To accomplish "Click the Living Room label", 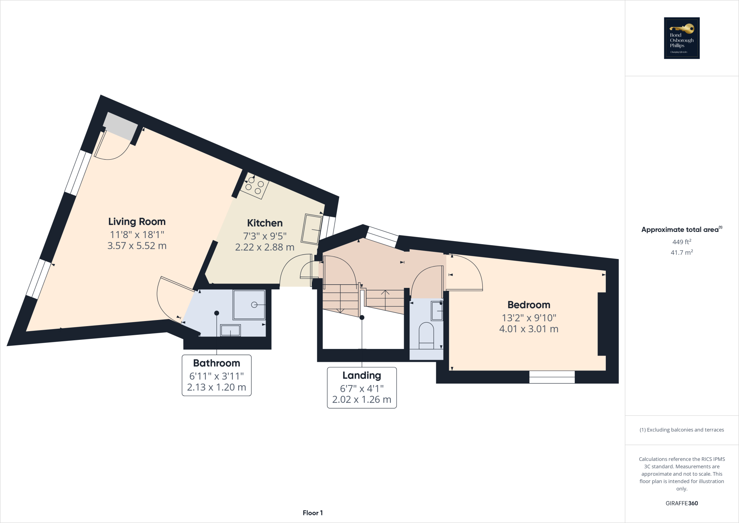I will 137,221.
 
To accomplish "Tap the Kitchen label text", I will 264,223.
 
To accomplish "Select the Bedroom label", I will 529,305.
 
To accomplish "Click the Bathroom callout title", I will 217,363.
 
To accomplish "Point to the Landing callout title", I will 362,376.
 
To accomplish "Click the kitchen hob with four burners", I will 254,186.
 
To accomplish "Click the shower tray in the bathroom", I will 249,305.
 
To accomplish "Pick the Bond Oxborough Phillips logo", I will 682,38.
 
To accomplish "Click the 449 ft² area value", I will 682,242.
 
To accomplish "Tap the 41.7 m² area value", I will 682,252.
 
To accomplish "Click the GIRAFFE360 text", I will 682,503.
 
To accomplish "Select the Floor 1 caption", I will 312,513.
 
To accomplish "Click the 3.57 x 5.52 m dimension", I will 137,246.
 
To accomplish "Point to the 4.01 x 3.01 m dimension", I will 529,329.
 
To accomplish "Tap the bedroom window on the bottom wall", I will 552,377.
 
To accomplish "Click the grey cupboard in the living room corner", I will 121,126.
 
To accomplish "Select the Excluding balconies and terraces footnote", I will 682,430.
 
